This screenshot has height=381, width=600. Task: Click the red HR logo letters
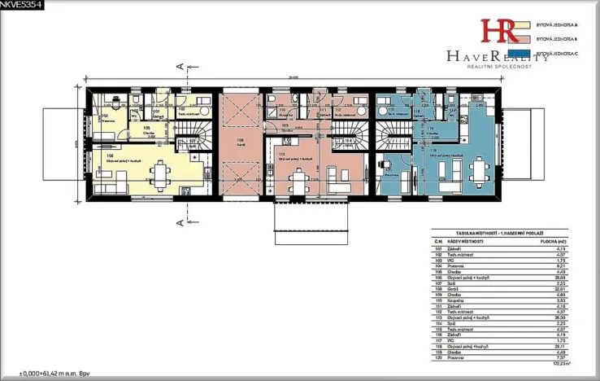coord(498,30)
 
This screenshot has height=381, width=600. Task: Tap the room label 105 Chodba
coord(147,129)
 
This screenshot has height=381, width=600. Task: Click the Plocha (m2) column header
coord(553,242)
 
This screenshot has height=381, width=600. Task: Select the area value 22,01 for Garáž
coord(559,287)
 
